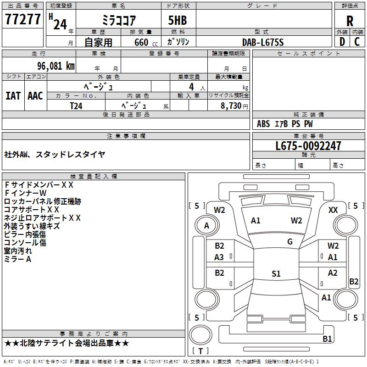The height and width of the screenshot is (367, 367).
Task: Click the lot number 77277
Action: point(22,19)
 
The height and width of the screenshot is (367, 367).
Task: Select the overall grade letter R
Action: point(350,21)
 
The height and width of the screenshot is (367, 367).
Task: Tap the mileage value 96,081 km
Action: point(56,66)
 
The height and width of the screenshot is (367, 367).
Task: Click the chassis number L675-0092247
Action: point(308,146)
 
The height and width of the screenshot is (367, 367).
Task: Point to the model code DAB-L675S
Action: point(263,42)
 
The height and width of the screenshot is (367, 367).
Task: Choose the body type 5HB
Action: point(178,20)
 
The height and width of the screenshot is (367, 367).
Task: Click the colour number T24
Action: point(76,106)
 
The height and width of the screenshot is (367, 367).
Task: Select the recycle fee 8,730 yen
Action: point(234,106)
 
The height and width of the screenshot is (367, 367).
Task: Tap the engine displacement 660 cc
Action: point(146,42)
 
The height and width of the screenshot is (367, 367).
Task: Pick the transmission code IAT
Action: point(13,96)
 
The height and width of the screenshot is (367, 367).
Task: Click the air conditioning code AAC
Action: point(35,96)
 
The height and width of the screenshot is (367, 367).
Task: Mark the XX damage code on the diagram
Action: point(333,210)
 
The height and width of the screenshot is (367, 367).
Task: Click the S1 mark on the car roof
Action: point(276,273)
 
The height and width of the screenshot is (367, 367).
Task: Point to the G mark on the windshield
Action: point(290,242)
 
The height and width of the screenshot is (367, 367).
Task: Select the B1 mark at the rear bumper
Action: point(327,339)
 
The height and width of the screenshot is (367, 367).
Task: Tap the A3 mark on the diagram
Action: point(219,257)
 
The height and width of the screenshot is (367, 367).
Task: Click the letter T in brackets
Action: point(200,351)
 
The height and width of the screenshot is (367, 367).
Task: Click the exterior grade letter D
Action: point(342,42)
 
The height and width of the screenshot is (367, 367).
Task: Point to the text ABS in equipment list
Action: point(263,124)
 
